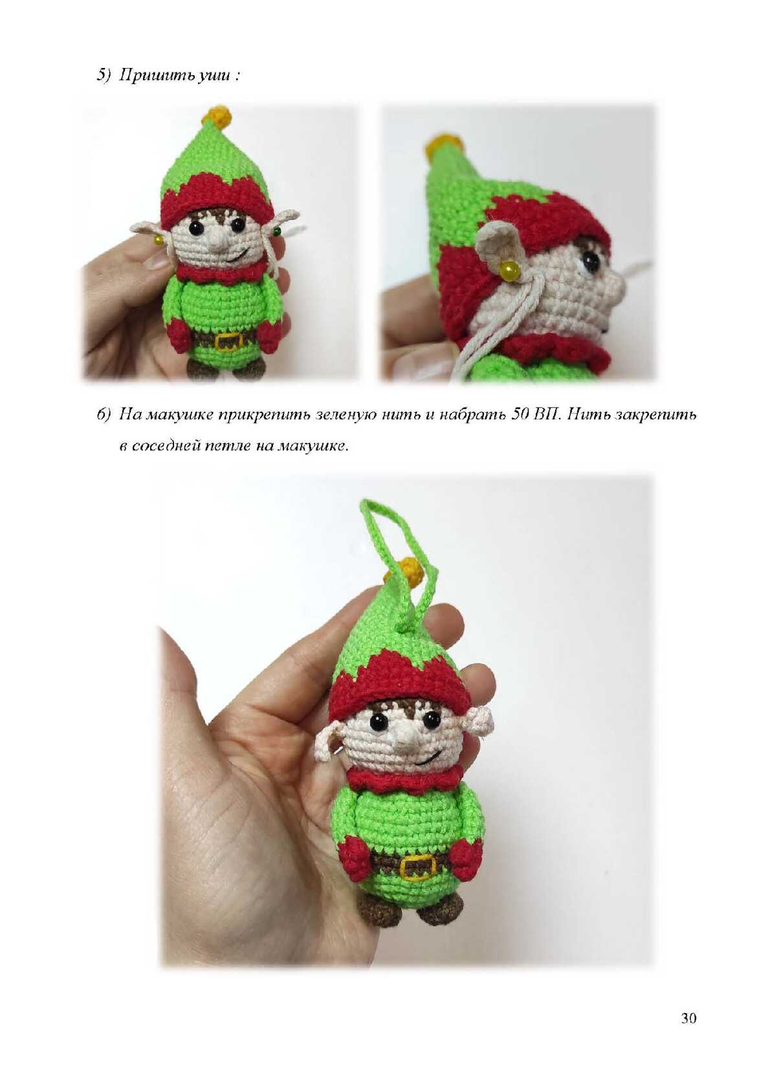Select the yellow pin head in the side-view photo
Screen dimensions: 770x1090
[x=508, y=267]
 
